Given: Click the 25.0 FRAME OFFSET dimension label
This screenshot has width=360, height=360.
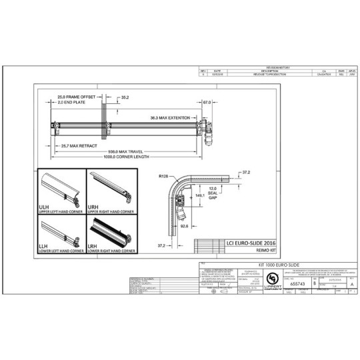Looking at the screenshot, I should click(x=75, y=97).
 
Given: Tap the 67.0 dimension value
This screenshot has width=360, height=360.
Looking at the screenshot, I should click(x=207, y=103).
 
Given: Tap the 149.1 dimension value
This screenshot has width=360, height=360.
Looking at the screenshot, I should click(x=199, y=196).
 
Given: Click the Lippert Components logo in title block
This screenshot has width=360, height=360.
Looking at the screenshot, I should click(x=272, y=278).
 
